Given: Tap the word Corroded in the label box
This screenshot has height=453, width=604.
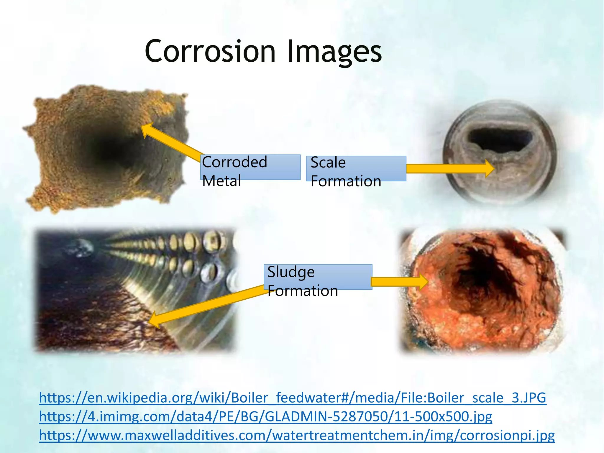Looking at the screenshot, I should click(234, 162).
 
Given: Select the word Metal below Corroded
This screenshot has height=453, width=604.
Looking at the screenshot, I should click(221, 180).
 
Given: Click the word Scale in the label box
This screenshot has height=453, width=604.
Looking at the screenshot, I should click(328, 162).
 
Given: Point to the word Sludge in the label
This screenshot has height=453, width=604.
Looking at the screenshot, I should click(291, 272).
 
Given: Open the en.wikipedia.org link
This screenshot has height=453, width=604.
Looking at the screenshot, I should click(292, 398).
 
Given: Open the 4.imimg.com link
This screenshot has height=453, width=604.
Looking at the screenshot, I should click(265, 417).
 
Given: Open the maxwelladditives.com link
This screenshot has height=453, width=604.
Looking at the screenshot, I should click(296, 436).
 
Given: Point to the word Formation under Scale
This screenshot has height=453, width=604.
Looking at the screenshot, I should click(346, 181).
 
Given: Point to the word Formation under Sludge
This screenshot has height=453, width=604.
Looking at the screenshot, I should click(303, 291).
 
